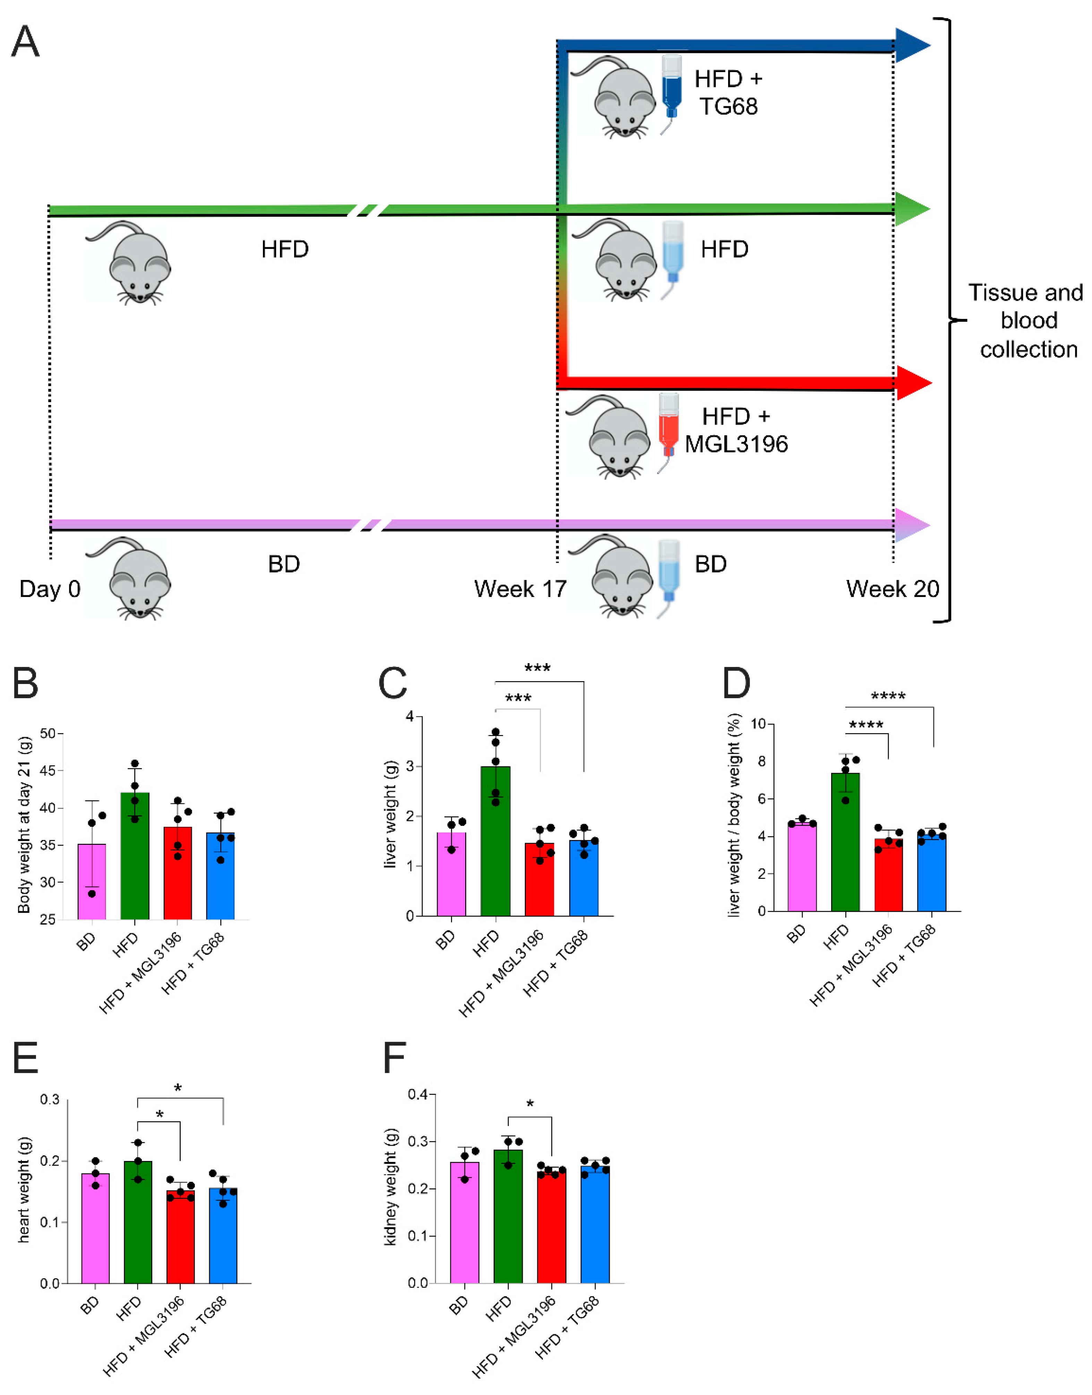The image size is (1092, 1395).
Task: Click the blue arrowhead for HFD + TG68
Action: pyautogui.click(x=911, y=45)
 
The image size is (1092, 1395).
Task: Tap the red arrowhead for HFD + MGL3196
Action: pyautogui.click(x=912, y=383)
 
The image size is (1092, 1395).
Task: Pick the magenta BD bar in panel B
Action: pyautogui.click(x=92, y=882)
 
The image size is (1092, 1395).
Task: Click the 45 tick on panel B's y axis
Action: pyautogui.click(x=47, y=771)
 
